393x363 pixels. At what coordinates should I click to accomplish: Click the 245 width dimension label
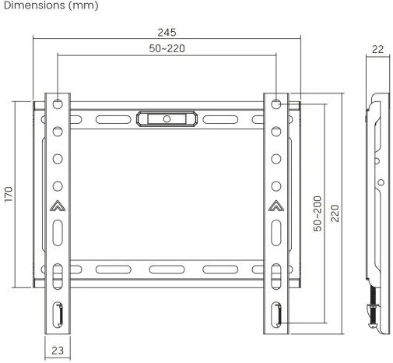click(167, 33)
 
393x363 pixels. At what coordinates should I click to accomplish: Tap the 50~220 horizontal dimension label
click(167, 48)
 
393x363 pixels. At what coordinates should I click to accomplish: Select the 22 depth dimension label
click(377, 49)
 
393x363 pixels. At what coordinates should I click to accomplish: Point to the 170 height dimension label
click(9, 194)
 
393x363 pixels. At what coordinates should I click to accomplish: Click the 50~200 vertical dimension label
click(318, 213)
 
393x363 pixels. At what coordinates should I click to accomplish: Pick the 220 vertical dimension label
click(335, 213)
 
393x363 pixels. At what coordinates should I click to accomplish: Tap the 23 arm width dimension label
click(58, 351)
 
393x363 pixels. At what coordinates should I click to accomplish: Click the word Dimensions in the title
click(34, 5)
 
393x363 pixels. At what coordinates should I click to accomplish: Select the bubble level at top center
click(167, 119)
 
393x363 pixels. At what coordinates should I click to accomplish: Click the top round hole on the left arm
click(58, 104)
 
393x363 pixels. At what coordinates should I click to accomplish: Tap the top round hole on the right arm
click(276, 104)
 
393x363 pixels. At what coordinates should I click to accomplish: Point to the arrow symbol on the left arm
click(58, 206)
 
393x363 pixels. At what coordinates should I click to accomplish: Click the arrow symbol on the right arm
click(276, 206)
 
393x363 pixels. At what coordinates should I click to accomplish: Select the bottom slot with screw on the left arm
click(58, 315)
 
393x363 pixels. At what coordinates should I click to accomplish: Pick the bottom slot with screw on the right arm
click(276, 315)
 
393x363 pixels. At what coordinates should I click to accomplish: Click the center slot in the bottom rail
click(167, 270)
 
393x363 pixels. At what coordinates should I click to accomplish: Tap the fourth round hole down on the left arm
click(58, 186)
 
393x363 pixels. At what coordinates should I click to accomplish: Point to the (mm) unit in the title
click(83, 5)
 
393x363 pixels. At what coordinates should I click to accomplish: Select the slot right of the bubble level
click(220, 119)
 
